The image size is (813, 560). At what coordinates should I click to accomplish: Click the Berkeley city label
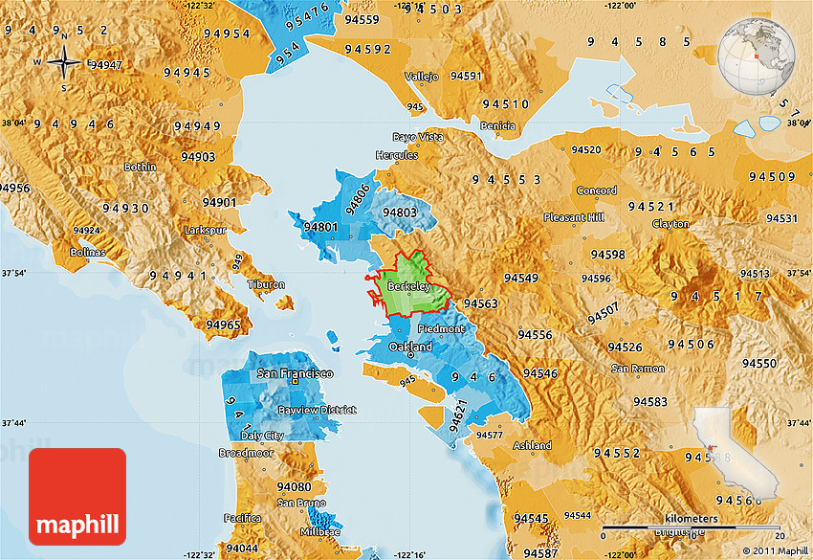click(x=410, y=286)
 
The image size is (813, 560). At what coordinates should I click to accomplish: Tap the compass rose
click(x=63, y=63)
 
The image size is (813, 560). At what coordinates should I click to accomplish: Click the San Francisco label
click(x=294, y=373)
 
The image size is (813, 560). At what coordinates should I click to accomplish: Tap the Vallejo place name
click(x=422, y=76)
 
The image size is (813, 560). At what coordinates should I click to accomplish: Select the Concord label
click(x=596, y=190)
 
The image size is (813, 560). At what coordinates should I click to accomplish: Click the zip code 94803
click(x=399, y=213)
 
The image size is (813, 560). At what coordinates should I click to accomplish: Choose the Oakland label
click(x=410, y=347)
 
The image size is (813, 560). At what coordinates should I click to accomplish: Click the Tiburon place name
click(x=266, y=285)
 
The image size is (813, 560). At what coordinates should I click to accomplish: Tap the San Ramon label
click(x=638, y=369)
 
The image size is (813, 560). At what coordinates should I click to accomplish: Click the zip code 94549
click(x=521, y=278)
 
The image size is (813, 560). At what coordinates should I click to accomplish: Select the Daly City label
click(x=262, y=436)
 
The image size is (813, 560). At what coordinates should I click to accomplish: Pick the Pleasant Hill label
click(x=574, y=217)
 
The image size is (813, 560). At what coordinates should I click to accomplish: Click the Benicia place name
click(x=497, y=126)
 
